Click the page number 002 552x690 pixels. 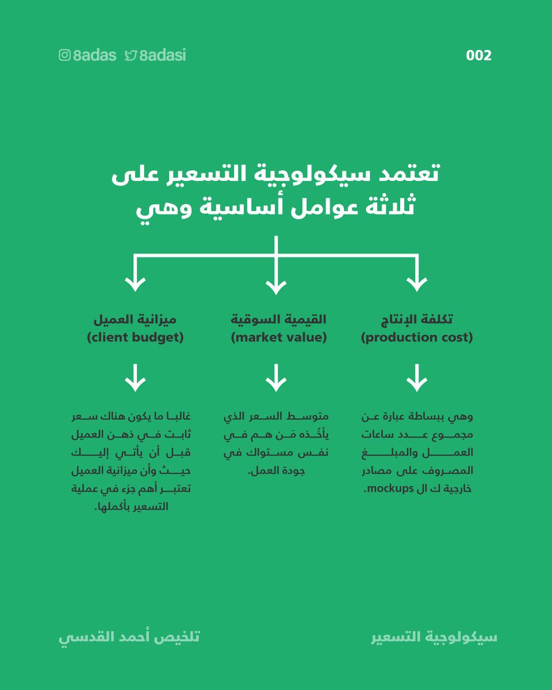(x=478, y=56)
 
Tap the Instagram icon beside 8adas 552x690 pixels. (x=64, y=56)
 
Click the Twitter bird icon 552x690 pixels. (x=131, y=56)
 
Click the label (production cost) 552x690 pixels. (x=416, y=338)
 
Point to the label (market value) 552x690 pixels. (x=278, y=338)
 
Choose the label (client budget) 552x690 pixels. (x=135, y=338)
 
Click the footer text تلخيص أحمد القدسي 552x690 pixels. (x=129, y=638)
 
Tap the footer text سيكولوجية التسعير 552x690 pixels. (x=434, y=638)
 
